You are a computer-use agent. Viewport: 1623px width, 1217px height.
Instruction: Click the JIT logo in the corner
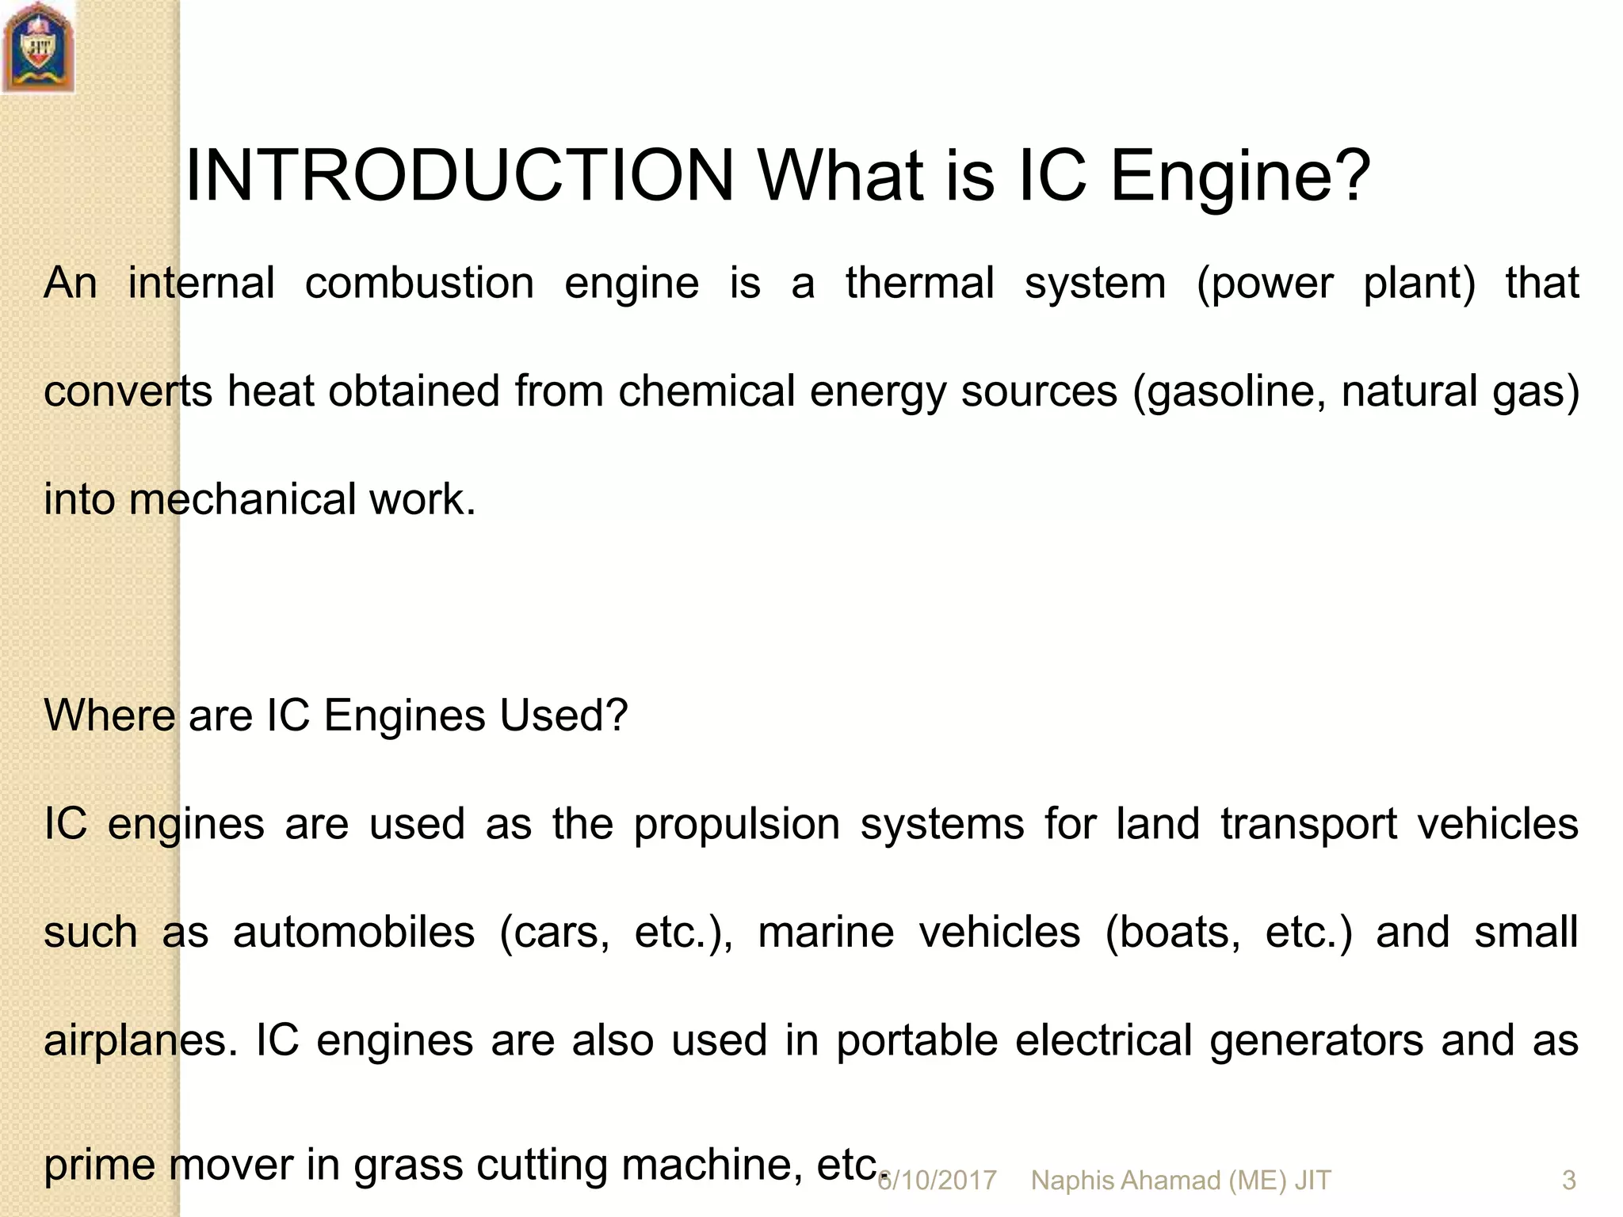[38, 48]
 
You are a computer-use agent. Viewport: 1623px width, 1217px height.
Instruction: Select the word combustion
[419, 284]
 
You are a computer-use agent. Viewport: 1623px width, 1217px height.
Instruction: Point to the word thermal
[919, 284]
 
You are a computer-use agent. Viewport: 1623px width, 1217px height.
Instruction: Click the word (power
[1265, 284]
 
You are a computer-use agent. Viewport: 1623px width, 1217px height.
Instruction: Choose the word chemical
[706, 391]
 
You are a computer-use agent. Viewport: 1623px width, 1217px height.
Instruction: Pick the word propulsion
[736, 824]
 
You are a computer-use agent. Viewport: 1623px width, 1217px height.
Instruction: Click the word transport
[1308, 824]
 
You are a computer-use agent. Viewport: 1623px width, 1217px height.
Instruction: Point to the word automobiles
[353, 933]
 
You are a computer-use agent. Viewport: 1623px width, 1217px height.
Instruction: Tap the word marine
[826, 933]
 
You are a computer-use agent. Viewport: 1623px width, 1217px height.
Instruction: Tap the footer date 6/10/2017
[937, 1181]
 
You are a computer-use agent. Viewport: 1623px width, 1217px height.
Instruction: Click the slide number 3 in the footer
[1568, 1181]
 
